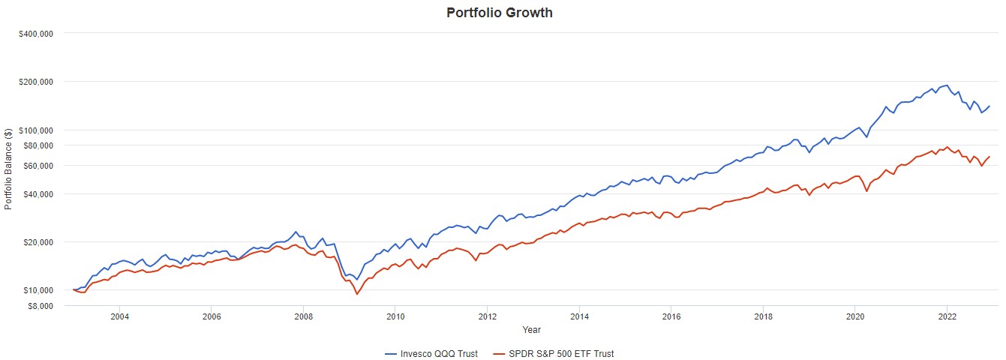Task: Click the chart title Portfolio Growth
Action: (499, 13)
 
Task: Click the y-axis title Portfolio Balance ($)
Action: (8, 169)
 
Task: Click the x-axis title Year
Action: (531, 329)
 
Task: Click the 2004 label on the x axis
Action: (119, 316)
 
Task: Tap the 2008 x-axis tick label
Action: (303, 316)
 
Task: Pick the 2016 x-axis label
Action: (671, 316)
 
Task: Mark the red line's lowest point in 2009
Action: (357, 294)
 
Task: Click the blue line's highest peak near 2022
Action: (947, 85)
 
